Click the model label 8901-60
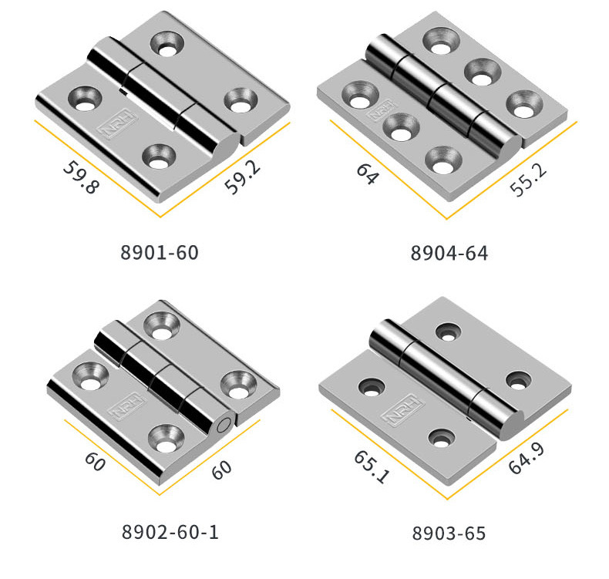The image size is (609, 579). [160, 252]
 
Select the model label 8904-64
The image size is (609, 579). [449, 253]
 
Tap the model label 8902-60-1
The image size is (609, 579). [170, 532]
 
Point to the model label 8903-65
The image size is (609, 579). [449, 533]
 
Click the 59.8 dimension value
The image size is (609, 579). [81, 177]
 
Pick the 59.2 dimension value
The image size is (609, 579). [242, 177]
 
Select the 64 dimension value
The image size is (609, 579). [367, 173]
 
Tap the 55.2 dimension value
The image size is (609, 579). [528, 180]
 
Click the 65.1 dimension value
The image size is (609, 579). [372, 467]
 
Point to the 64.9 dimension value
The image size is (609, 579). [527, 458]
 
